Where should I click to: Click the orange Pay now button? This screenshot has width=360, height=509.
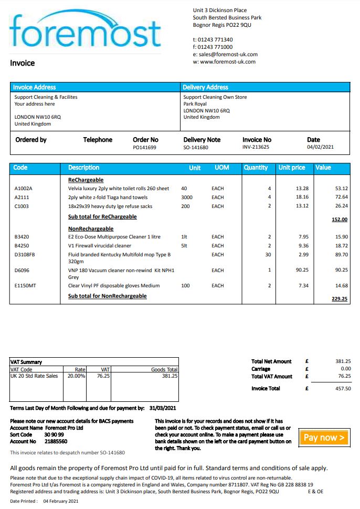(324, 437)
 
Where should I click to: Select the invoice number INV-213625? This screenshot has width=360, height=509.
(256, 148)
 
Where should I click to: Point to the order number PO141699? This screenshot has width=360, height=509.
(144, 148)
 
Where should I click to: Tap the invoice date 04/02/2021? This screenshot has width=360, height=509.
(320, 148)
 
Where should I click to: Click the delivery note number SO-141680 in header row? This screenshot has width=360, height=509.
(196, 148)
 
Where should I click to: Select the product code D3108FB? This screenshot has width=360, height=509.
(25, 255)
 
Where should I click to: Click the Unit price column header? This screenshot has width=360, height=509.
(292, 168)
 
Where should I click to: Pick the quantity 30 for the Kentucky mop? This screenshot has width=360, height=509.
(268, 255)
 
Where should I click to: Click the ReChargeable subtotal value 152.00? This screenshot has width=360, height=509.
(339, 220)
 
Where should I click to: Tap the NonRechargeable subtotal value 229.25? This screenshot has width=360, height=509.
(339, 299)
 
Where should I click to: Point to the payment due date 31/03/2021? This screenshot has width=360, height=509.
(163, 408)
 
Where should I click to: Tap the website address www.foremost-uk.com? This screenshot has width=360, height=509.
(228, 62)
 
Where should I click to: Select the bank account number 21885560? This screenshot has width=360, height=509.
(56, 442)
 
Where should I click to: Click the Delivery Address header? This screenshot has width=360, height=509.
(205, 87)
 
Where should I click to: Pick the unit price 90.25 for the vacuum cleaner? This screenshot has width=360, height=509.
(301, 270)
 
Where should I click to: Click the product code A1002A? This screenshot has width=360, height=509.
(25, 188)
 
